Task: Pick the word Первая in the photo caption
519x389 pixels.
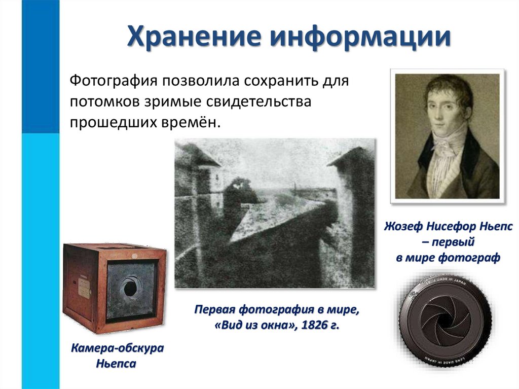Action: click(x=215, y=309)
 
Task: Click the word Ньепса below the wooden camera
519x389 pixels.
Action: click(x=116, y=364)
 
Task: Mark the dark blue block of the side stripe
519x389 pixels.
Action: click(x=40, y=66)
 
